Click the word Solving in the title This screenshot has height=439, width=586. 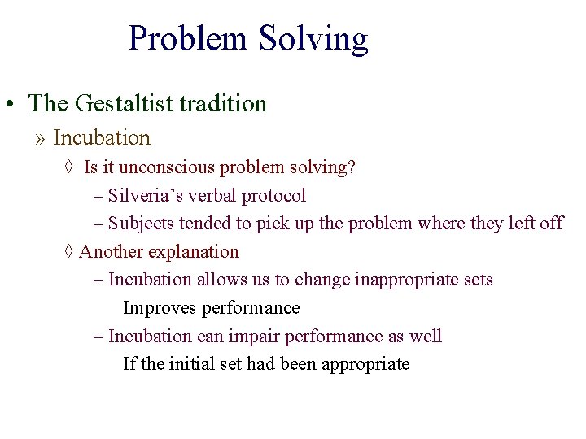pos(313,39)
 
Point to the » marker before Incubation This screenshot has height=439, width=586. pos(41,139)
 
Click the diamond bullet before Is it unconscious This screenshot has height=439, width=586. pos(68,167)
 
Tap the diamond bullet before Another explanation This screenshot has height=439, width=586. pos(68,252)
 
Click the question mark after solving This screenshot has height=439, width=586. pos(352,167)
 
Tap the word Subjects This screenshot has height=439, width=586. pos(141,224)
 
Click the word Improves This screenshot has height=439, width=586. pos(160,308)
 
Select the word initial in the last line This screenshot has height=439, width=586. pos(191,363)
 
